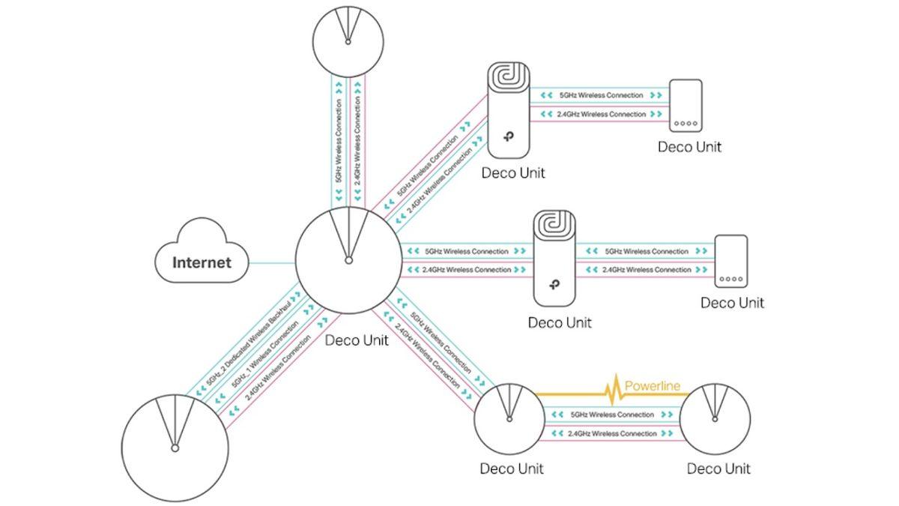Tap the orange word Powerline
coord(653,387)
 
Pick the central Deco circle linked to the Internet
coord(347,259)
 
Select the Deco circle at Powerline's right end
coord(715,419)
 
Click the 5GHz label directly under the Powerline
coord(611,415)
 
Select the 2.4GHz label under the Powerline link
coord(611,434)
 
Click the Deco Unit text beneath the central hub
coord(357,340)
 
